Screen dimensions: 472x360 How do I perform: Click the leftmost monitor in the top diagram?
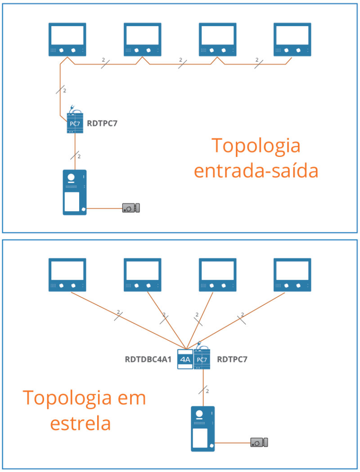[67, 40]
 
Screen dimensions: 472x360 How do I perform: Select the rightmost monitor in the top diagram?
[292, 40]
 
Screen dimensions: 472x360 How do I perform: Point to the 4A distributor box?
[185, 359]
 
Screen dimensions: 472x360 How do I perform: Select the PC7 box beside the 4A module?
[202, 359]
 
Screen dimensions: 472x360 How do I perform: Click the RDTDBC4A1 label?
[148, 360]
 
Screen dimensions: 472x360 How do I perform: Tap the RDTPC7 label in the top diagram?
[103, 123]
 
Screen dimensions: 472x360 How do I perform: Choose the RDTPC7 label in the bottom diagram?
[232, 360]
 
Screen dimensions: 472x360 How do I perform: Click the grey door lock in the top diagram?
[131, 208]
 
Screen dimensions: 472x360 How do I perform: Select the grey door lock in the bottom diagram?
[259, 442]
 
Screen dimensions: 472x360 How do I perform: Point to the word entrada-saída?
[256, 171]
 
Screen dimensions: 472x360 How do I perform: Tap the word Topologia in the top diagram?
[256, 146]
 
